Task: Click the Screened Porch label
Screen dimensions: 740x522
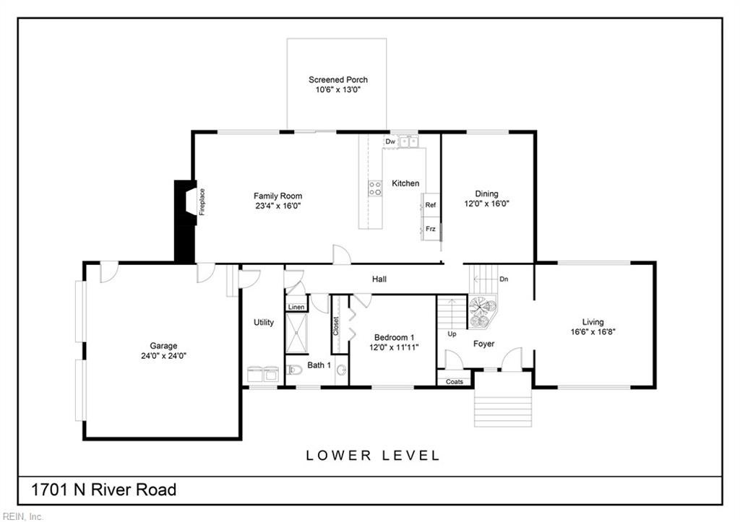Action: [338, 79]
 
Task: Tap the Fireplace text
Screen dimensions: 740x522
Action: [202, 202]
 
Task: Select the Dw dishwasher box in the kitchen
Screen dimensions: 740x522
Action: [390, 142]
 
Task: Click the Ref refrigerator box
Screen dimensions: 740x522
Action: [431, 205]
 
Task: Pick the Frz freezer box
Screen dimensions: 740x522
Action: [431, 229]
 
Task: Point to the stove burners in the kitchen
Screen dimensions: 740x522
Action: [375, 188]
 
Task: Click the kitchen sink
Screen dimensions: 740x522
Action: [409, 141]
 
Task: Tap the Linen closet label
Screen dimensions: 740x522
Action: [296, 307]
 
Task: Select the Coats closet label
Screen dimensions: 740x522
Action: [455, 381]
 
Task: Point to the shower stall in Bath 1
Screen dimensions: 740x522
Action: [296, 333]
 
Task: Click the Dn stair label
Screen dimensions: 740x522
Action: [504, 279]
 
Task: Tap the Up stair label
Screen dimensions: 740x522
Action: [452, 334]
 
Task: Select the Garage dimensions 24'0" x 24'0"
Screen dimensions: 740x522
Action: [164, 355]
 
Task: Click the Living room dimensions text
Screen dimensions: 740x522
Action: [593, 331]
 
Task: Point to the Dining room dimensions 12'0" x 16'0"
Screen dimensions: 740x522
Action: [486, 204]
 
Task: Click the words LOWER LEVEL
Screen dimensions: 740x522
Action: [373, 456]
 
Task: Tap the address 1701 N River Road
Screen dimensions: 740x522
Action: [104, 490]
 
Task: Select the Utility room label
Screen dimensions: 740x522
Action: [263, 323]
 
